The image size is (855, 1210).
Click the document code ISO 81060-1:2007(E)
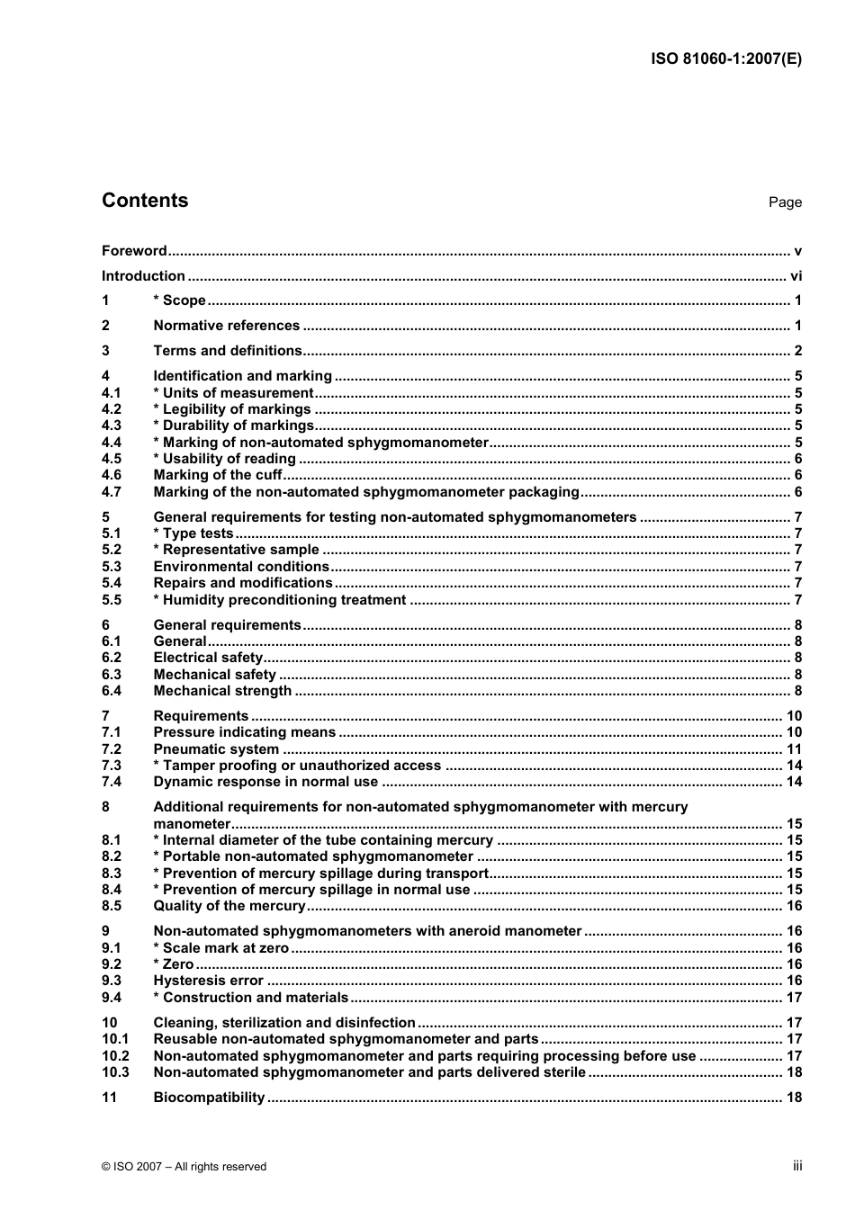[x=725, y=59]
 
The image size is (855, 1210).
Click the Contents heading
[x=145, y=201]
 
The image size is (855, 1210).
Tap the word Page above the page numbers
[x=784, y=202]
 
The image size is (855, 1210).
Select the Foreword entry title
[x=134, y=251]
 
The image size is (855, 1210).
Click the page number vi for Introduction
[x=796, y=276]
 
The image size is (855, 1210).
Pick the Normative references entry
[x=226, y=326]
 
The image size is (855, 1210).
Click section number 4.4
[x=112, y=443]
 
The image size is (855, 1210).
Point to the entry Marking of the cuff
[x=217, y=475]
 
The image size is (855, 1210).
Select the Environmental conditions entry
[x=240, y=567]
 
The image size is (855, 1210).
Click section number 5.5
[x=112, y=600]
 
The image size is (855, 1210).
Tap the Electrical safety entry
[x=207, y=658]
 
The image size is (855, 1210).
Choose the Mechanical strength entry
[x=222, y=691]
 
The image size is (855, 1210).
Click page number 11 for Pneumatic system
[x=794, y=749]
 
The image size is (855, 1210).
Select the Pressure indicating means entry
[x=244, y=732]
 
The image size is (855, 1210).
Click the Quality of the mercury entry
[x=229, y=906]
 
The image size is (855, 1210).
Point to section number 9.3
[x=112, y=981]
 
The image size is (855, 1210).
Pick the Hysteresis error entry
[x=208, y=981]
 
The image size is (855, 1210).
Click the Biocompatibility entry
[x=209, y=1098]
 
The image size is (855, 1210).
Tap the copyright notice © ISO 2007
[x=184, y=1167]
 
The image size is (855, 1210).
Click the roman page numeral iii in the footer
[x=797, y=1166]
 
